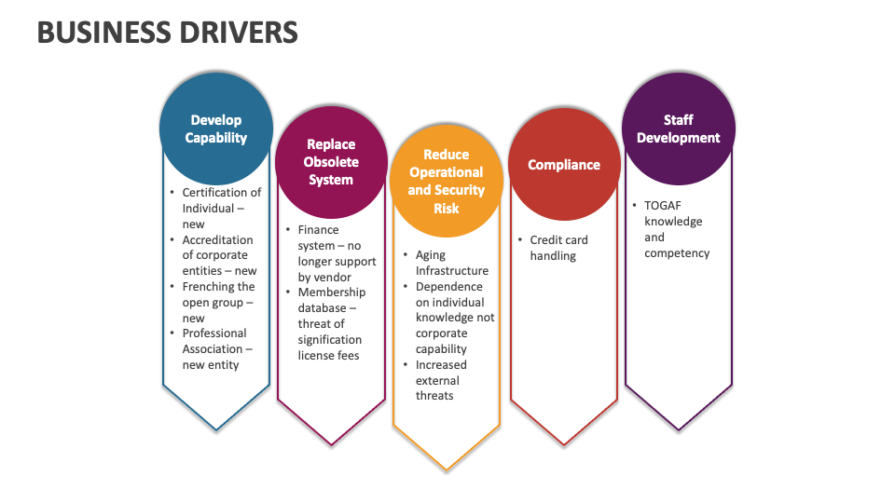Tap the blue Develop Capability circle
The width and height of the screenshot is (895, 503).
[x=216, y=129]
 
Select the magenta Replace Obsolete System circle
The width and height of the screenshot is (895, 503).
[x=331, y=162]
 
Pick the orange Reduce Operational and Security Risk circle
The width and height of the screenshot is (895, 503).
[x=447, y=181]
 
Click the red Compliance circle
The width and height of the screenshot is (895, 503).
[x=564, y=165]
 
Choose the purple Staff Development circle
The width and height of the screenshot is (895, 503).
[x=679, y=129]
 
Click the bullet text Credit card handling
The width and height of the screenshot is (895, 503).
[x=559, y=248]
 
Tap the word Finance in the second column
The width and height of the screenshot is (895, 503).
[x=319, y=230]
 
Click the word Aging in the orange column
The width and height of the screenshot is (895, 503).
[x=431, y=255]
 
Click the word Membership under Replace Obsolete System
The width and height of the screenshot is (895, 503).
[x=332, y=292]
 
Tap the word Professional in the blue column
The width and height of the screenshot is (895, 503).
[x=214, y=333]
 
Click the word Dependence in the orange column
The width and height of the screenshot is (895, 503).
[x=449, y=287]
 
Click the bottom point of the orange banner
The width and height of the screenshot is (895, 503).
[x=447, y=469]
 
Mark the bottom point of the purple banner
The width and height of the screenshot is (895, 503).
[x=679, y=429]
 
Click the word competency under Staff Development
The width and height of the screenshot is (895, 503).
[x=677, y=253]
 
